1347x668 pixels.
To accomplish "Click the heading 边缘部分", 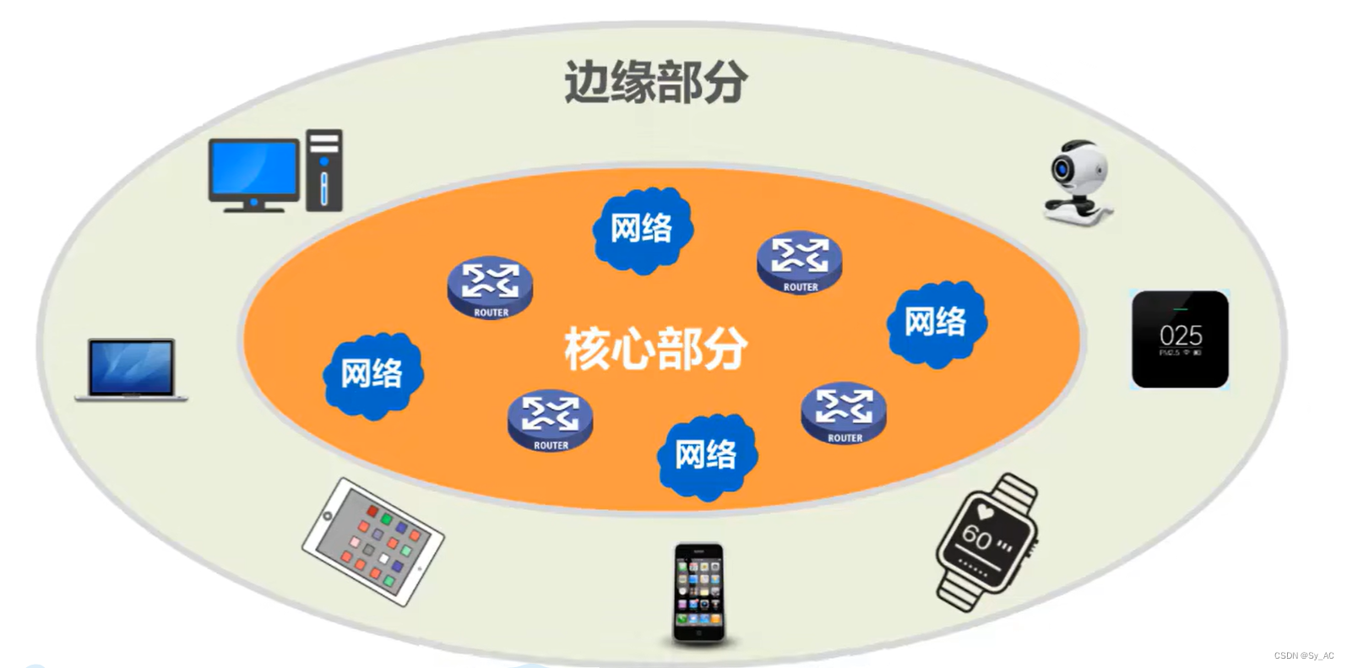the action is (655, 82).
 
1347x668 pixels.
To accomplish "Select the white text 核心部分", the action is (655, 348).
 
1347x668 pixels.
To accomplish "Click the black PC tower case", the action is (324, 170).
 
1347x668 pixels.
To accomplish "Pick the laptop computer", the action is (131, 369).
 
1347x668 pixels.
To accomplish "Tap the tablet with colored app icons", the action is (373, 541).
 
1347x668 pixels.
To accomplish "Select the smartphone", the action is (698, 593).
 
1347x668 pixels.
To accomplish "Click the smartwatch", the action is (987, 541).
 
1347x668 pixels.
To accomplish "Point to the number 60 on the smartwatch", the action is (977, 535).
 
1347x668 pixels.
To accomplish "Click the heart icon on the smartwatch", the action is (986, 511).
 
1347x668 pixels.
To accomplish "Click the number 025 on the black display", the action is (1181, 335).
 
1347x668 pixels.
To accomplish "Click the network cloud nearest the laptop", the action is (372, 374).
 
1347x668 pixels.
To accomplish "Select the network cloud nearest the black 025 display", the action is (936, 323).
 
